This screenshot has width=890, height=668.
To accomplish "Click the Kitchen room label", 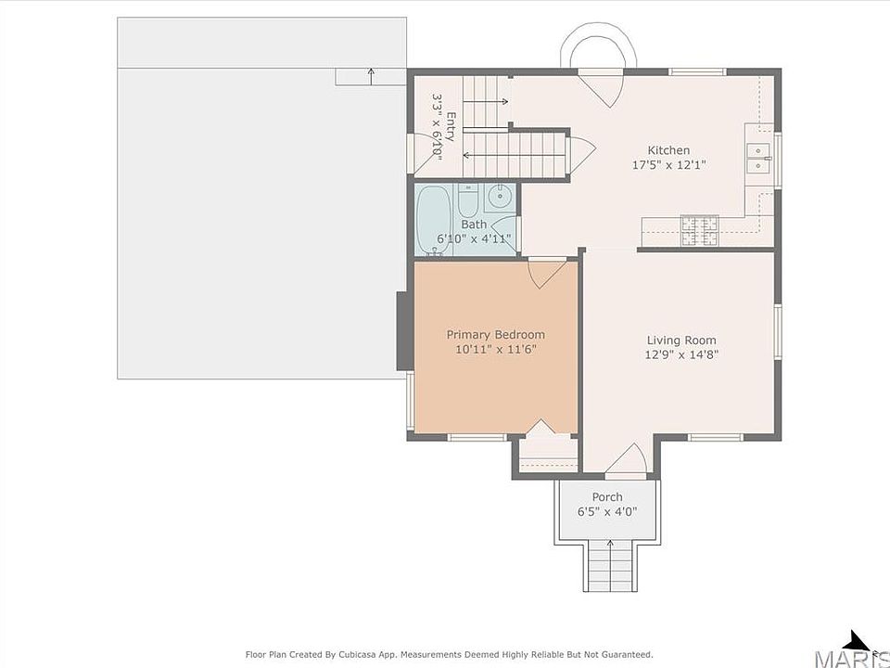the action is pyautogui.click(x=668, y=150).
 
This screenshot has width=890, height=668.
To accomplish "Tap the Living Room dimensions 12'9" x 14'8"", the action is pyautogui.click(x=681, y=355).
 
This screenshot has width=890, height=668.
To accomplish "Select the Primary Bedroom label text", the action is pyautogui.click(x=495, y=335).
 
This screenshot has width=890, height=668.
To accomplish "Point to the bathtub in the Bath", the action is pyautogui.click(x=434, y=220).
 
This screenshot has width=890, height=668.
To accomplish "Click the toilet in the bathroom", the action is pyautogui.click(x=468, y=199).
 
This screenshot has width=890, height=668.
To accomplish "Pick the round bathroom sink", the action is pyautogui.click(x=500, y=197).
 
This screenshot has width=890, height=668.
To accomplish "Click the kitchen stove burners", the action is pyautogui.click(x=700, y=231).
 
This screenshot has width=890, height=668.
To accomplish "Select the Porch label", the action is pyautogui.click(x=607, y=497).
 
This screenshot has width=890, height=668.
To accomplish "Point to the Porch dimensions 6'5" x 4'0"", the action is pyautogui.click(x=607, y=512).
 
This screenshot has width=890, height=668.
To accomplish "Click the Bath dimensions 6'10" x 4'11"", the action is pyautogui.click(x=474, y=238).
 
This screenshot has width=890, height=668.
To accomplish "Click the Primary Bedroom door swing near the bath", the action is pyautogui.click(x=547, y=273).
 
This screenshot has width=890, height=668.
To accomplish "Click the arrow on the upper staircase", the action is pyautogui.click(x=485, y=102).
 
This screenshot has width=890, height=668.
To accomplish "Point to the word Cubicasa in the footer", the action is pyautogui.click(x=360, y=654).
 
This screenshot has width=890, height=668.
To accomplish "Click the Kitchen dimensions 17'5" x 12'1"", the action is pyautogui.click(x=669, y=165).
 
